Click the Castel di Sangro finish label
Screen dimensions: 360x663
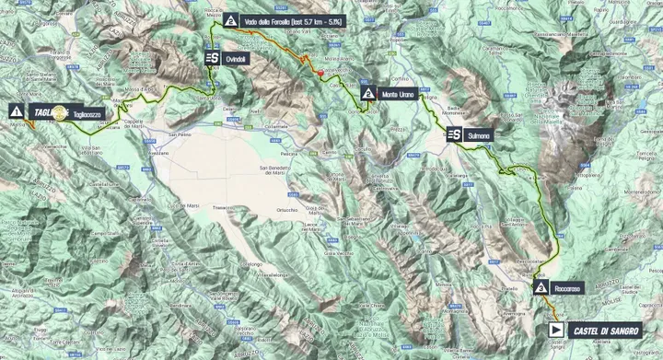tap(610, 327)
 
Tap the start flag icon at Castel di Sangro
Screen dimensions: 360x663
tap(555, 327)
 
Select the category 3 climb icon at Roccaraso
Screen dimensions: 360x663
tap(540, 288)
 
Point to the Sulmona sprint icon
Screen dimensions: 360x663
tap(453, 134)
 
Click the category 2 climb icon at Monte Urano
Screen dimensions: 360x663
tap(368, 94)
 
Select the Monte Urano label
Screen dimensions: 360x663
tap(400, 94)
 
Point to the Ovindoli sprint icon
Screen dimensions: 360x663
tap(212, 57)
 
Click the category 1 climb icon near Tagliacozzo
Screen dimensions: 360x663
tap(16, 110)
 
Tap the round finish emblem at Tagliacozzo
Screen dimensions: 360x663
tap(61, 111)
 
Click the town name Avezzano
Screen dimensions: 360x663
tap(157, 153)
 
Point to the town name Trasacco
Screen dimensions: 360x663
tap(223, 207)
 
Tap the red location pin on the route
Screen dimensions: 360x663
tap(320, 73)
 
